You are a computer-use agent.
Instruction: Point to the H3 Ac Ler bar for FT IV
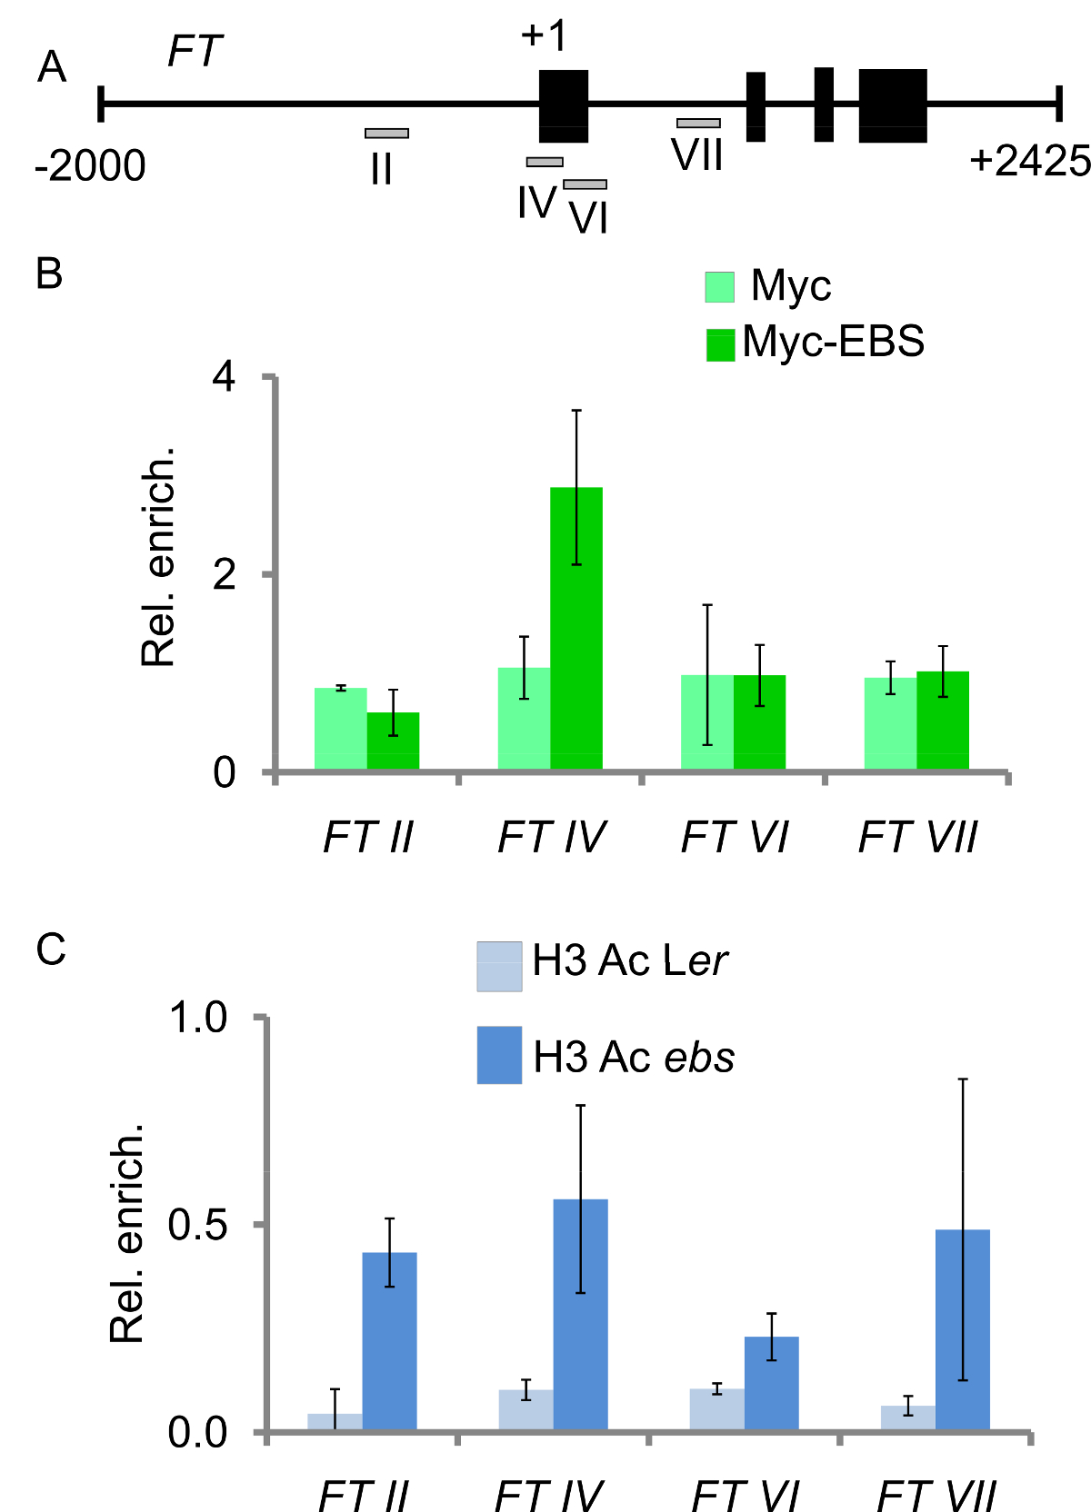click(526, 1409)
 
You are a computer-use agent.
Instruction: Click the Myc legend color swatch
click(720, 286)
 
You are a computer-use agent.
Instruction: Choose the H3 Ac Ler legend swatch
click(499, 966)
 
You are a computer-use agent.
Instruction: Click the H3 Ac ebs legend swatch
click(499, 1055)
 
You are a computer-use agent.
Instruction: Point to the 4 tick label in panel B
click(224, 377)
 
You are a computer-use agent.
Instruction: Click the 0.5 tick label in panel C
click(197, 1225)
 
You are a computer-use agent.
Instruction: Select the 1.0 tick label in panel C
click(197, 1018)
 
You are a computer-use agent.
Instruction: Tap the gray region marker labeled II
click(386, 134)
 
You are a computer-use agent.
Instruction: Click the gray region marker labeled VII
click(698, 123)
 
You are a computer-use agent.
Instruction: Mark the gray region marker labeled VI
click(585, 184)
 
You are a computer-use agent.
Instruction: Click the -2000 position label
click(90, 166)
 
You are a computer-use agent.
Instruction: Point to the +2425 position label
click(1029, 162)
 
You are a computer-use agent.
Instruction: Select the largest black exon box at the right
click(893, 105)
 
